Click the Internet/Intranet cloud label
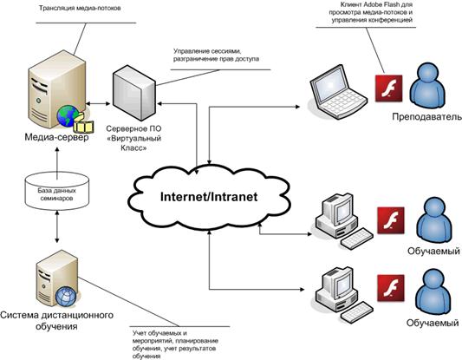coord(209,197)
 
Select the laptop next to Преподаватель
coord(338,92)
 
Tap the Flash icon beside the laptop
coord(388,88)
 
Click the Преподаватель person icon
coord(428,86)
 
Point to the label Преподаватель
coord(427,117)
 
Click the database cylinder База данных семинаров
coord(57,192)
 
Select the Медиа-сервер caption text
coord(56,137)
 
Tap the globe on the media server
coord(68,116)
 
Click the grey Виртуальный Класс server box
coord(134,93)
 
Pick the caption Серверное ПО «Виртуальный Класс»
coord(133,138)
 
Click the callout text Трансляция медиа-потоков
coord(80,9)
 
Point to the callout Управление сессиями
coord(216,55)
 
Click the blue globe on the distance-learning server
coord(66,297)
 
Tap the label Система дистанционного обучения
coord(56,321)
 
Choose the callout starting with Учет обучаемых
coord(175,344)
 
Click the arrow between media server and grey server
coord(98,104)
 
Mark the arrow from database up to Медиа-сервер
coord(57,163)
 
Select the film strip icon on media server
coord(84,125)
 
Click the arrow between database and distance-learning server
coord(57,226)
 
